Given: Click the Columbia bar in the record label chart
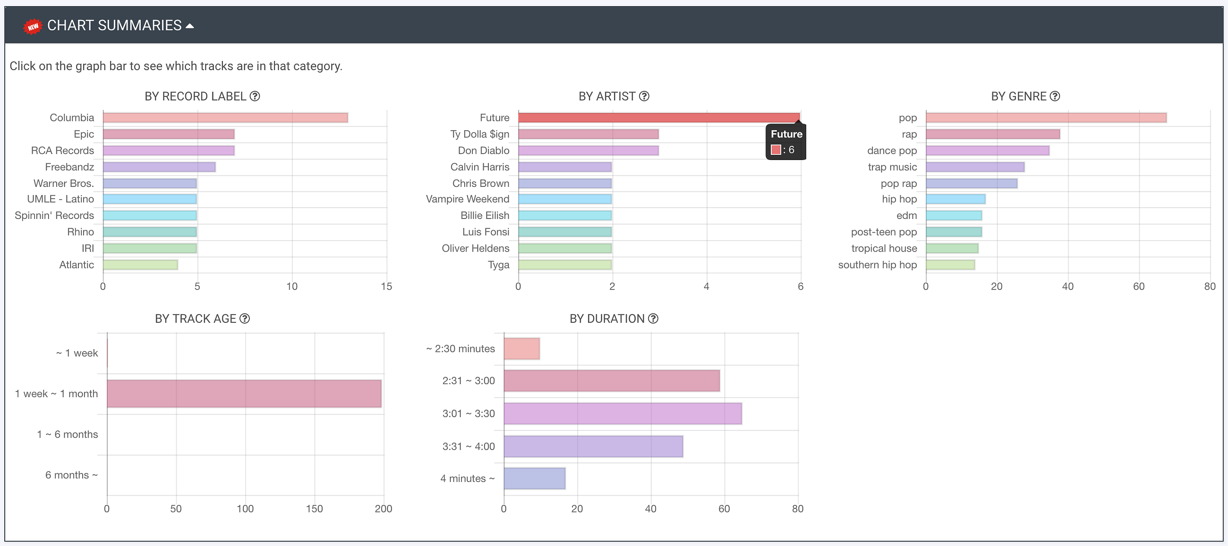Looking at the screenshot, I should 225,118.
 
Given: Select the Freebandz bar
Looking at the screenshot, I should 159,167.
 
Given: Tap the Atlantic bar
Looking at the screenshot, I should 140,265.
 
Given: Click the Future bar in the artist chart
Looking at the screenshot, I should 658,118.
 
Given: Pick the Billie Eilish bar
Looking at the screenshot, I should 565,216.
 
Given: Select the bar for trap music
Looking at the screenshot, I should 975,167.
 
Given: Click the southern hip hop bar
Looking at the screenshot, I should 950,265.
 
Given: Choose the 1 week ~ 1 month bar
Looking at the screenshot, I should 244,394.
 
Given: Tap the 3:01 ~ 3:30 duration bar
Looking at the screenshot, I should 623,413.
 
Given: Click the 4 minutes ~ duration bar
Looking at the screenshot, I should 534,479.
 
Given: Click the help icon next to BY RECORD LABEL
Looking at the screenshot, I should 255,96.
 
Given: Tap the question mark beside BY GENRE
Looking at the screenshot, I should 1055,96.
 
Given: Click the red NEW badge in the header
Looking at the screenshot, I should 33,26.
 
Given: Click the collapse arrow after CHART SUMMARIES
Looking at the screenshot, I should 190,26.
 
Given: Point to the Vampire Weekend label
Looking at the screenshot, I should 467,199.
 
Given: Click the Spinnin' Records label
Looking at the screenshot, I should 54,216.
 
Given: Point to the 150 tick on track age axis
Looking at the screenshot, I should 314,509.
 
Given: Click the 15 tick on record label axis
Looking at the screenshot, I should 386,286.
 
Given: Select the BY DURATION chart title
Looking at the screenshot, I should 606,319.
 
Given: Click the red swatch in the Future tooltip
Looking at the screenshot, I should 776,150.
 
